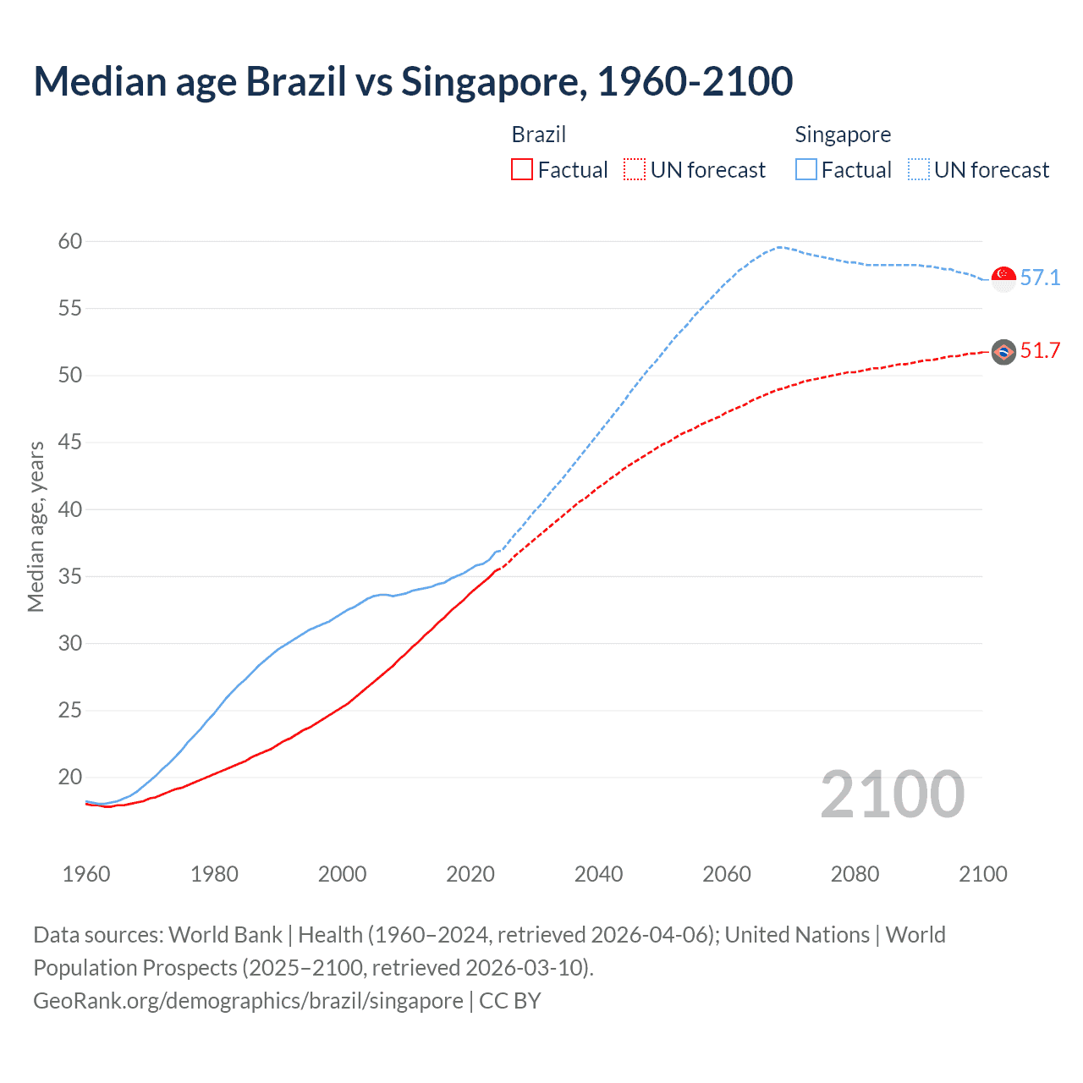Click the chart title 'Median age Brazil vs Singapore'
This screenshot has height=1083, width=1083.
pos(413,82)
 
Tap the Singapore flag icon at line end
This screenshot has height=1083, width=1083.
pos(1003,278)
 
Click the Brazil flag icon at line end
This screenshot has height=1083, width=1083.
pos(1003,352)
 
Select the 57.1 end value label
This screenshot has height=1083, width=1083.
pos(1040,278)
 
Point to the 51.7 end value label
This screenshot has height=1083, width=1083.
pos(1040,351)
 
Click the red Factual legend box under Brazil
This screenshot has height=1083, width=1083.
pos(522,170)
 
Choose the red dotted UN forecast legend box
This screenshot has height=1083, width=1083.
pos(635,170)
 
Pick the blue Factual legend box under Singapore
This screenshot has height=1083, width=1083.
pos(806,170)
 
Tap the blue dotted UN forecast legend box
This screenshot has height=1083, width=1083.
pos(919,170)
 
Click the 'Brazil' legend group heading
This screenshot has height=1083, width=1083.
pos(539,135)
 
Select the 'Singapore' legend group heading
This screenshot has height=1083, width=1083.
pos(843,135)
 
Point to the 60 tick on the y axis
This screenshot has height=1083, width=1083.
pos(70,242)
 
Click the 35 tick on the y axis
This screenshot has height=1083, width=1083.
pos(70,577)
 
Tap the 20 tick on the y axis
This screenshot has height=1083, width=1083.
pos(70,778)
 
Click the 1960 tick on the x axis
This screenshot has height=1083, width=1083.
pos(86,875)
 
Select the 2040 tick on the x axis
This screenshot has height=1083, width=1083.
pos(598,875)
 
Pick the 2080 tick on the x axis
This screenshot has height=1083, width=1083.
pos(855,875)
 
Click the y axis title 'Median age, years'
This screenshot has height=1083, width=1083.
pos(36,526)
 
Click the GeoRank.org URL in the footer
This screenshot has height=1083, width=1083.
pos(248,1001)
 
